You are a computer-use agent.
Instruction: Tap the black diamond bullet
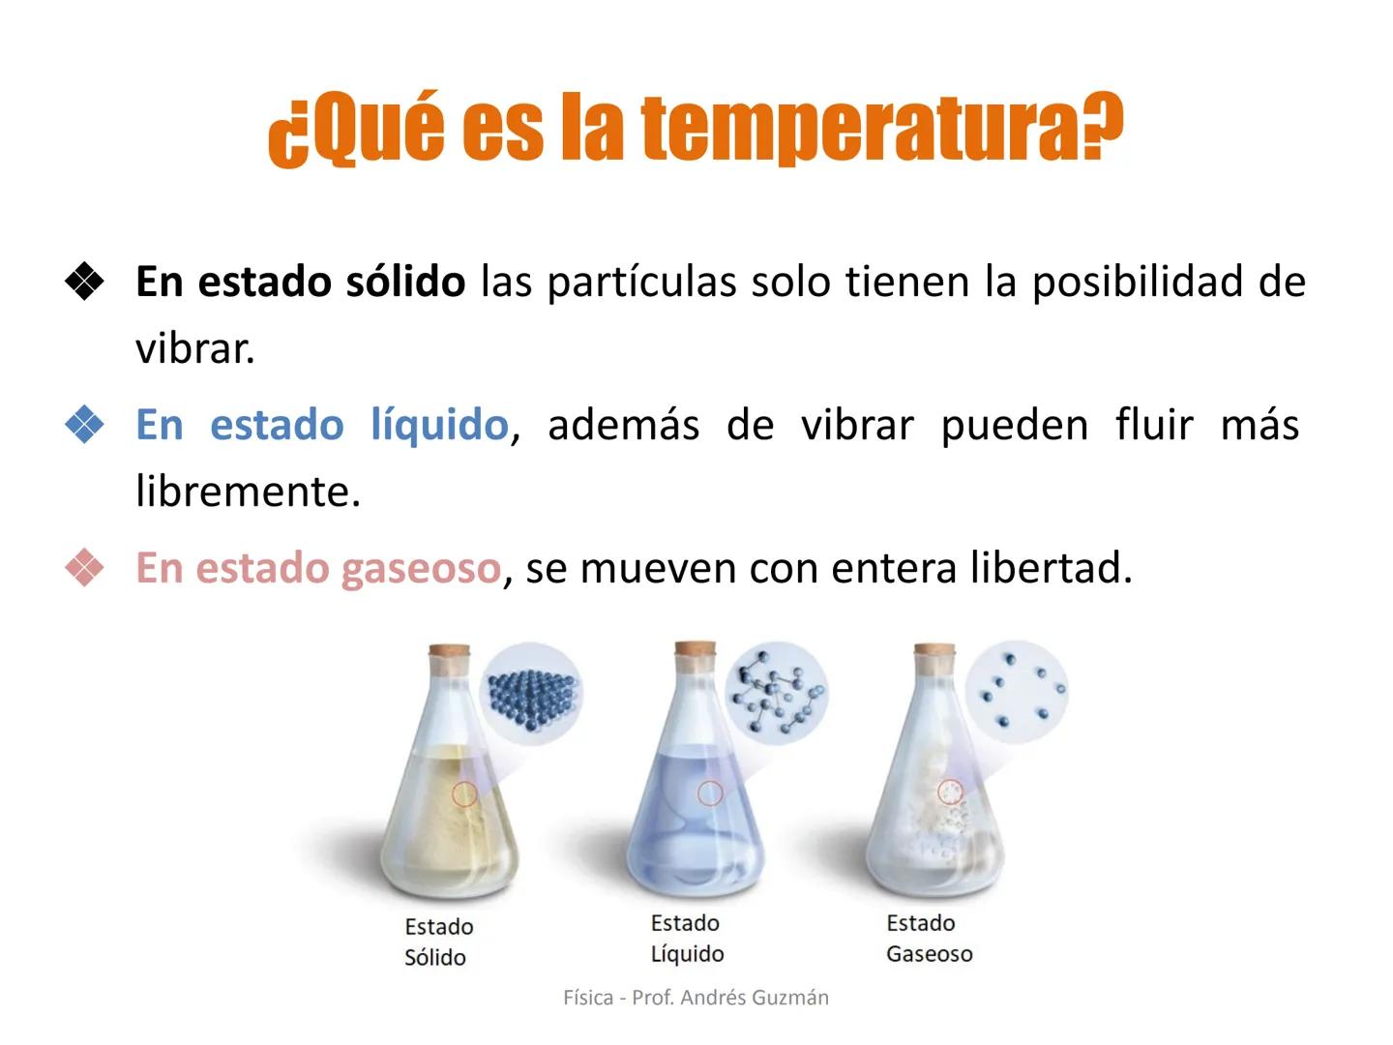[x=85, y=282]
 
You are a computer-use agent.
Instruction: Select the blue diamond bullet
[x=85, y=425]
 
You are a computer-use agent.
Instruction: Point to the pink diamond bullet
[x=85, y=568]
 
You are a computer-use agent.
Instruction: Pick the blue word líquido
[x=439, y=425]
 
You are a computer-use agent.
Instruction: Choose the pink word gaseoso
[x=421, y=568]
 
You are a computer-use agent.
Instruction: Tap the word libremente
[x=248, y=492]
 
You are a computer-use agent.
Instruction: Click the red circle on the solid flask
[x=465, y=793]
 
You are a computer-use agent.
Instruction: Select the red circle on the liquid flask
[x=710, y=793]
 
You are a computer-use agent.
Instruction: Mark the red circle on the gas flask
[x=951, y=792]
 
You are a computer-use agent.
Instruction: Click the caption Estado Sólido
[x=438, y=941]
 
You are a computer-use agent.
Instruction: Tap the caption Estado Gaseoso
[x=929, y=939]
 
